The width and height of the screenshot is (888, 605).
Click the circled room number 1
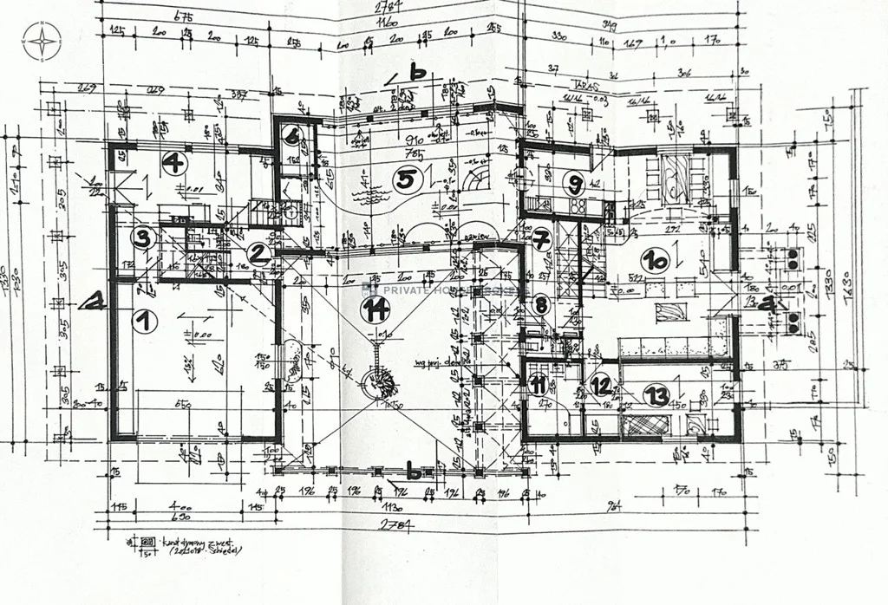[x=146, y=321]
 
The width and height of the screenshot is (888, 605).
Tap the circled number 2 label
[x=258, y=254]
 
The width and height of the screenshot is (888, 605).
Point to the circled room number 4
[x=174, y=162]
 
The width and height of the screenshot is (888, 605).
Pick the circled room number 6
[x=291, y=136]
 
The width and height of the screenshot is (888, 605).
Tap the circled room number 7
[x=542, y=237]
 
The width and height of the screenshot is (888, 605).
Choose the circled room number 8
[x=541, y=304]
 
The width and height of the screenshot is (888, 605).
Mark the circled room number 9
[x=573, y=182]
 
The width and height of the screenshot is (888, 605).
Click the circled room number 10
[x=655, y=258]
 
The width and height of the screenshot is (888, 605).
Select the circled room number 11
[x=539, y=385]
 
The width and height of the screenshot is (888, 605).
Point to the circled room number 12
[x=600, y=386]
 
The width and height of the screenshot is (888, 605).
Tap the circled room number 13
[x=656, y=397]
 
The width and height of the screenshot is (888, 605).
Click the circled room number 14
[x=374, y=309]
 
